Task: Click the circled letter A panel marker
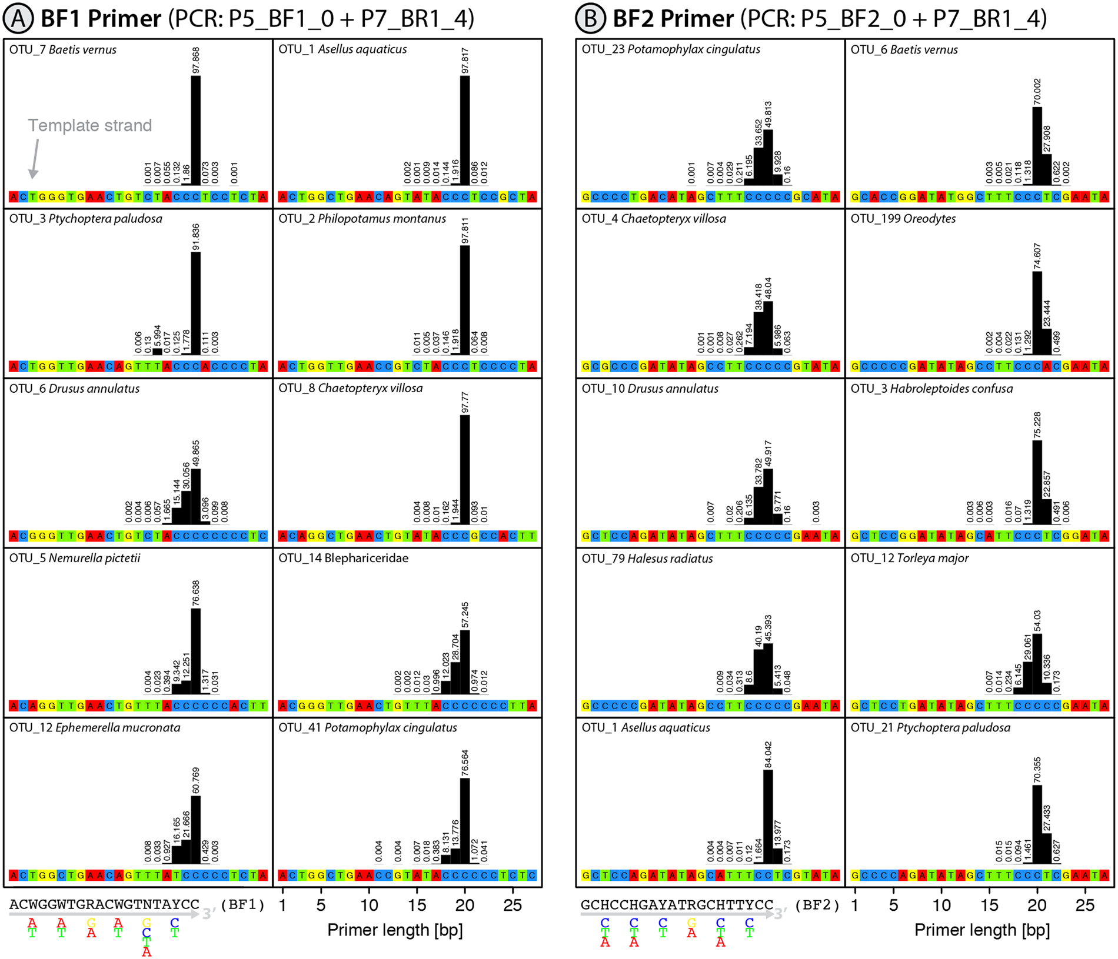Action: point(18,19)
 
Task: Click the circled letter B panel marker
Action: point(590,19)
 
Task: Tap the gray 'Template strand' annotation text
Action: point(90,125)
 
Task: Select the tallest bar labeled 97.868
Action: point(196,129)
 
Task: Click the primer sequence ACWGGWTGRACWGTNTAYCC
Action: point(104,904)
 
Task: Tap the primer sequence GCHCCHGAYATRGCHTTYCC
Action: point(677,904)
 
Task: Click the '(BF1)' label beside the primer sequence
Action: point(242,904)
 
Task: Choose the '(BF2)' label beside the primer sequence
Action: point(817,904)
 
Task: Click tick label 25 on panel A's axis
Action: point(513,905)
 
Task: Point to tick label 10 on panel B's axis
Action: point(941,905)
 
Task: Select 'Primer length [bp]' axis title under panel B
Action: point(982,930)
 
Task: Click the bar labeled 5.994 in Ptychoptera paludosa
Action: point(157,352)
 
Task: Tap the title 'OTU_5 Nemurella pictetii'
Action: point(75,558)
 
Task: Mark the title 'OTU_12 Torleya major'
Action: point(909,558)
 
